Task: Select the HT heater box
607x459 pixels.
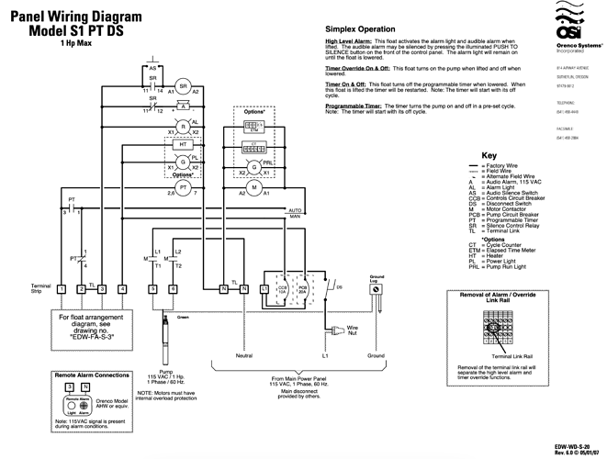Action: [182, 145]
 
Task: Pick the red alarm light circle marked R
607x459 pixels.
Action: [182, 126]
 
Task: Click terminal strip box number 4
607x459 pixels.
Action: [122, 289]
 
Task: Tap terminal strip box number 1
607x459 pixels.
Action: [61, 289]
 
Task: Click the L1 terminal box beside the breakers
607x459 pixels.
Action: [265, 289]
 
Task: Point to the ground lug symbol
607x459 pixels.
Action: [376, 288]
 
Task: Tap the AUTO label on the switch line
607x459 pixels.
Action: [295, 209]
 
